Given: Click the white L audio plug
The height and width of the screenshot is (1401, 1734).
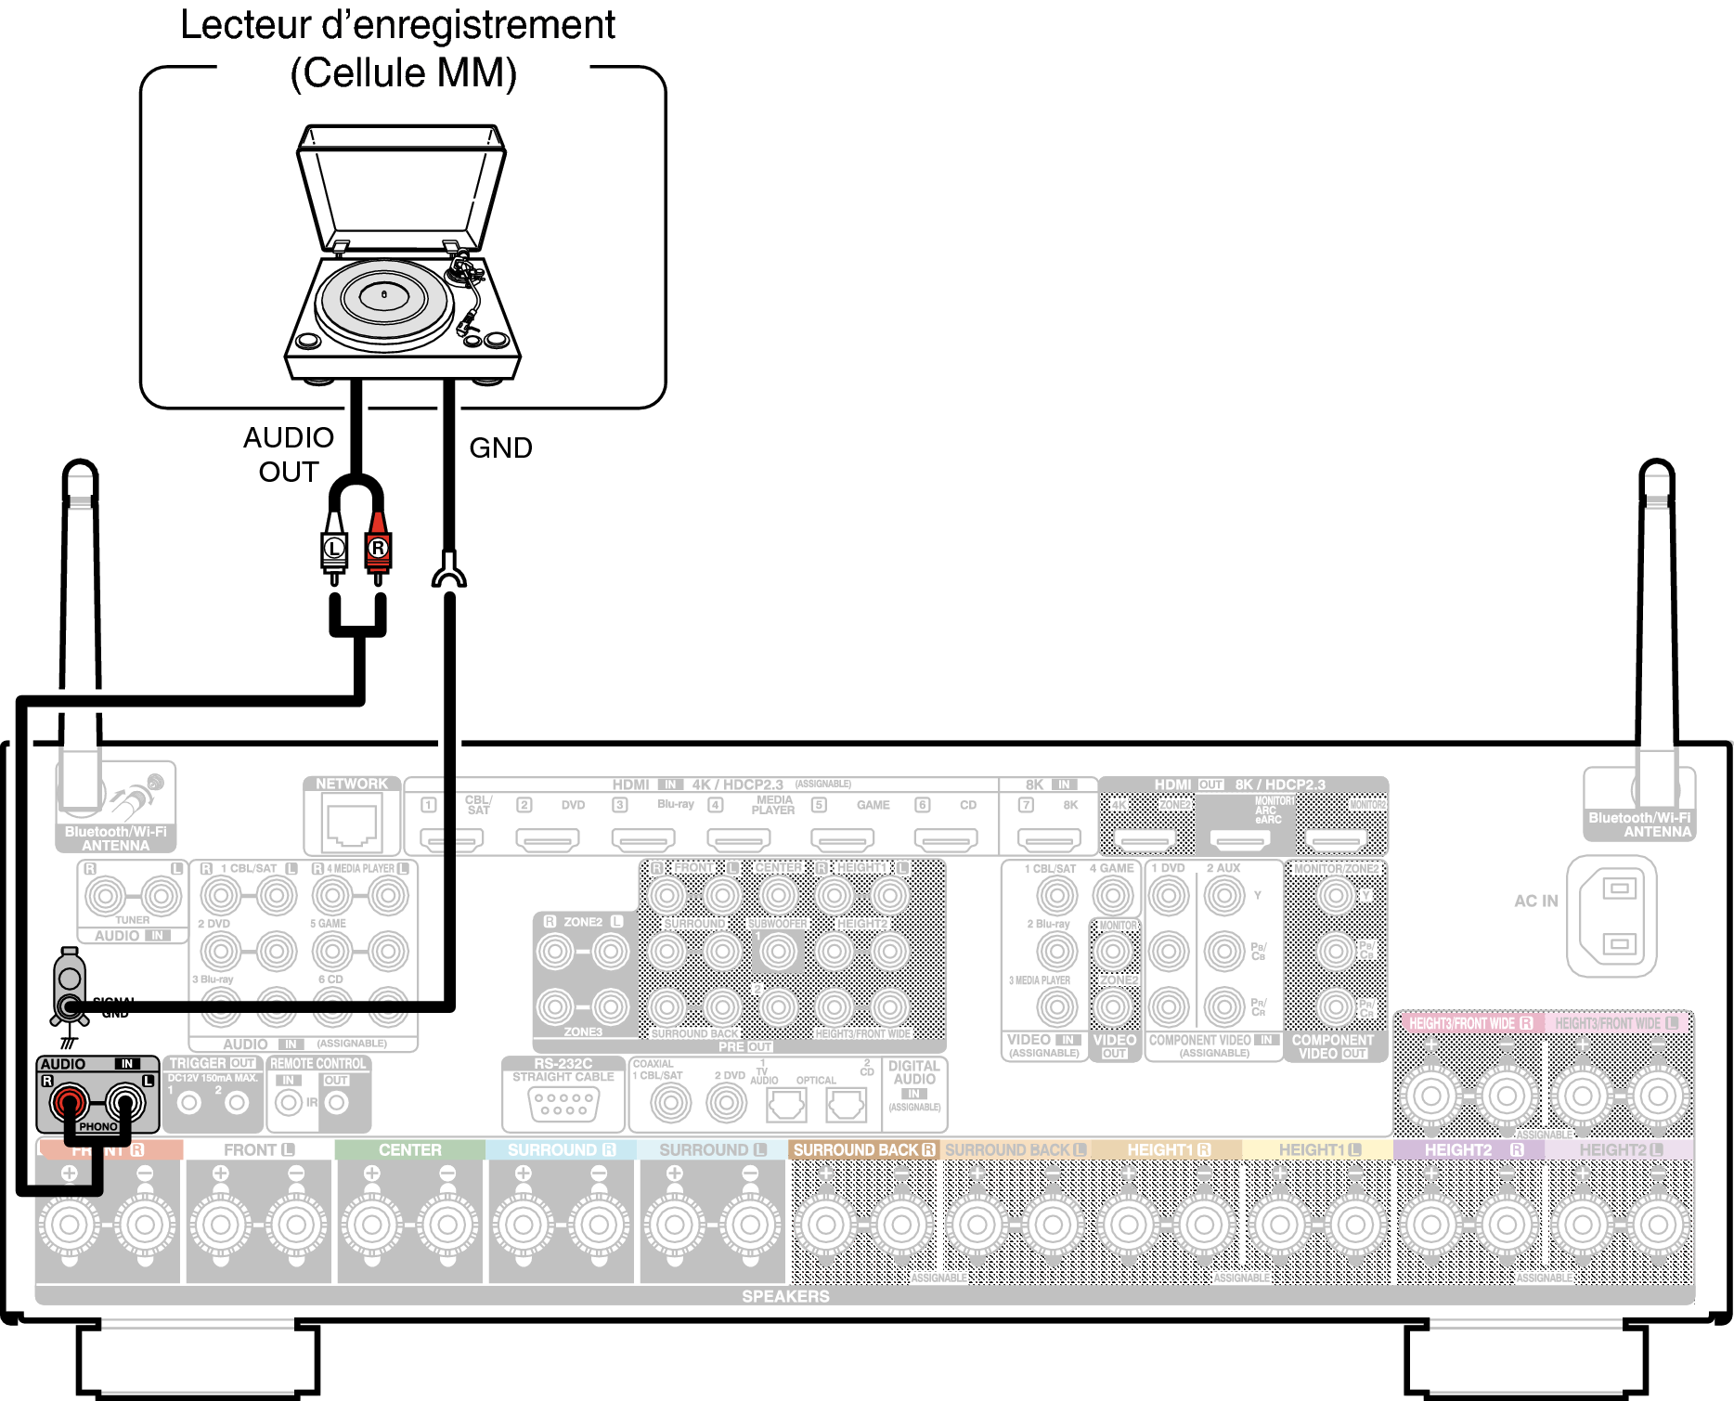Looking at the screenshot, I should point(334,549).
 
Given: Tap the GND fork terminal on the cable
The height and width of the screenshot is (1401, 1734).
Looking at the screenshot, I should point(449,572).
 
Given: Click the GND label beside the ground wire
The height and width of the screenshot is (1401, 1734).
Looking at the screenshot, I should point(500,448).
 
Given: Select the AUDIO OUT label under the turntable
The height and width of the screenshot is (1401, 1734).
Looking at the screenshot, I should point(289,454).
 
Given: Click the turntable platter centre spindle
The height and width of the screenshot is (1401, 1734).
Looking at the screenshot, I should point(384,295).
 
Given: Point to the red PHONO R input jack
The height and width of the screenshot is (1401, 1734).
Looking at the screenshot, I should point(70,1103).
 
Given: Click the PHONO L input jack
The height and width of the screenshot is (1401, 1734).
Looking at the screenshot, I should point(124,1103).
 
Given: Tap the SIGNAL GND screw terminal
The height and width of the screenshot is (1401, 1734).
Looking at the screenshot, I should point(69,1005).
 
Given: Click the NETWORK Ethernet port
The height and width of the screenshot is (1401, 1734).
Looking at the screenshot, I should point(352,824).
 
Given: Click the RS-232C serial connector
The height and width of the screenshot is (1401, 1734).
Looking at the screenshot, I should point(563,1103).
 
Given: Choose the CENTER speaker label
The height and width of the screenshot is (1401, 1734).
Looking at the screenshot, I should point(409,1150).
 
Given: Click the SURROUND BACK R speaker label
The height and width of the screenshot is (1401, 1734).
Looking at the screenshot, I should point(863,1150).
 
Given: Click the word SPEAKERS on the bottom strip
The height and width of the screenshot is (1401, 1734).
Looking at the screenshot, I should point(785,1296).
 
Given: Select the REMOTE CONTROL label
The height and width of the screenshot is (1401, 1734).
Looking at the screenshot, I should point(317,1064).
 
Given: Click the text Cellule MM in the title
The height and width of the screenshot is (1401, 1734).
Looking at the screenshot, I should point(403,73).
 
